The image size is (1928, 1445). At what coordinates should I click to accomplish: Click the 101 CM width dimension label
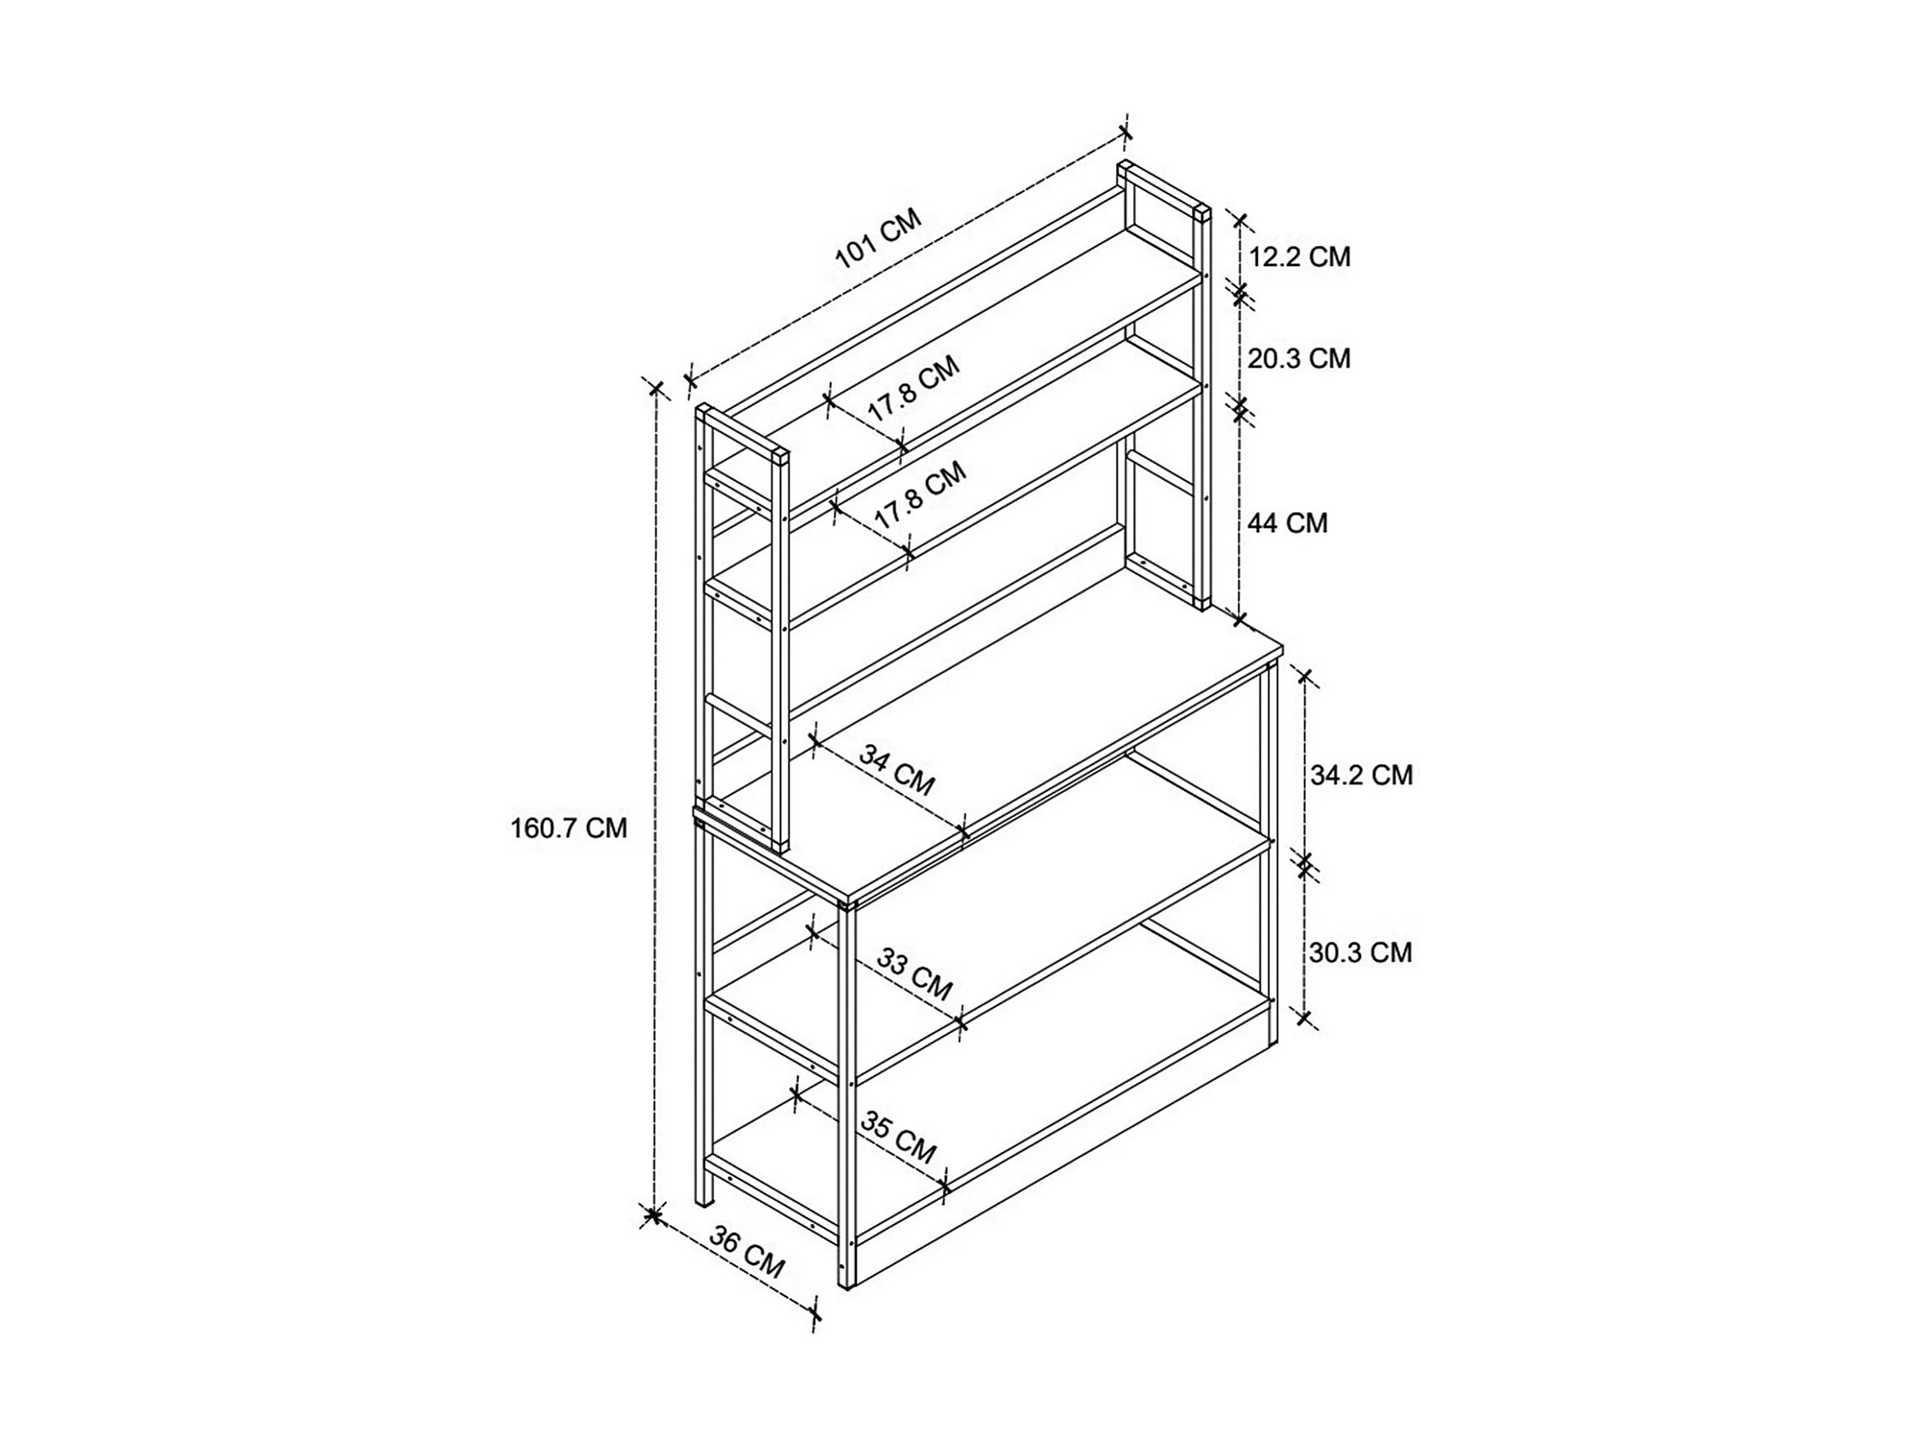pyautogui.click(x=877, y=238)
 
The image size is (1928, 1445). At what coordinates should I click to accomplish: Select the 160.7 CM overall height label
pyautogui.click(x=568, y=828)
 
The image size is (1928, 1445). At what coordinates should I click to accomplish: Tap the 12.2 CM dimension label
pyautogui.click(x=1299, y=257)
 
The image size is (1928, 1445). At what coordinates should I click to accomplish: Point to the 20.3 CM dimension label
pyautogui.click(x=1299, y=358)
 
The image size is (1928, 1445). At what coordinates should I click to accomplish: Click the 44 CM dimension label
pyautogui.click(x=1287, y=523)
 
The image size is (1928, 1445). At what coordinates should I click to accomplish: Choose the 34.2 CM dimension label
pyautogui.click(x=1361, y=775)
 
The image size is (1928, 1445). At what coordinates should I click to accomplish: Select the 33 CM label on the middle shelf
pyautogui.click(x=914, y=974)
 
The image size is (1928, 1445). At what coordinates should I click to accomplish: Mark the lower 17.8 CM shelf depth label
pyautogui.click(x=921, y=494)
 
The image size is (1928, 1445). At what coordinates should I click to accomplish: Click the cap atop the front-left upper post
pyautogui.click(x=780, y=457)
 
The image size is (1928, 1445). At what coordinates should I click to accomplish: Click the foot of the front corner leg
pyautogui.click(x=847, y=1285)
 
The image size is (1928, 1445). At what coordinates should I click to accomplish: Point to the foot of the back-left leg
pyautogui.click(x=702, y=1203)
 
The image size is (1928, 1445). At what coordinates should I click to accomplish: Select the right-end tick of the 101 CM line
pyautogui.click(x=1126, y=132)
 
